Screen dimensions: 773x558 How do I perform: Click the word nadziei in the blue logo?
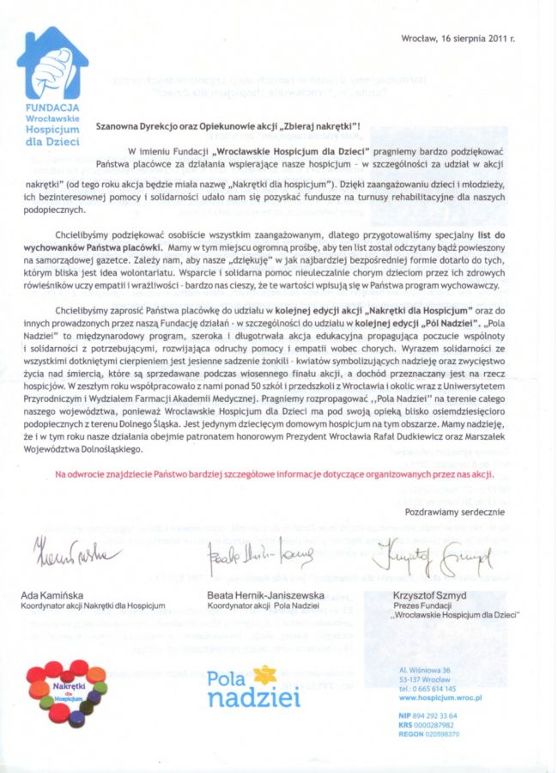254,698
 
